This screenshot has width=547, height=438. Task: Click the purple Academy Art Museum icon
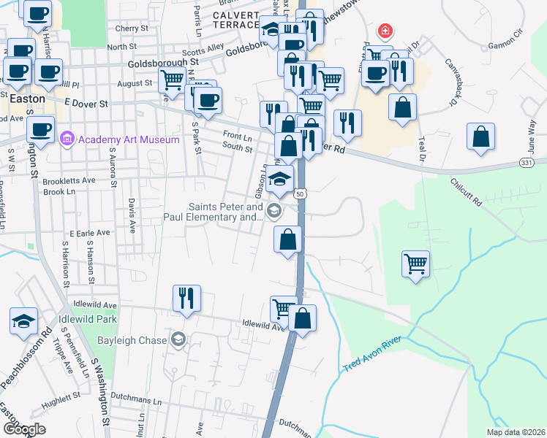[x=68, y=138]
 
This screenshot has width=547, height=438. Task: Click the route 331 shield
[x=527, y=161]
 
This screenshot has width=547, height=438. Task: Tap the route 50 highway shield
[x=300, y=194]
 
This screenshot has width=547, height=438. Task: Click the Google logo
[x=24, y=429]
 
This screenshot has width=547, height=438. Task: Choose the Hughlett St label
[x=61, y=399]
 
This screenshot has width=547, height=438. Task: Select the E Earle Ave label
[x=86, y=232]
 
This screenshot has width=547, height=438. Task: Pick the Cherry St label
[x=132, y=28]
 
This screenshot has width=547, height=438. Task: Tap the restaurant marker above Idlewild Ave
[x=186, y=298]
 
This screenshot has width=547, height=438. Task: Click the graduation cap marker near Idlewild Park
[x=23, y=320]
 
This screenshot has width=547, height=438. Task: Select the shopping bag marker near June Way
[x=482, y=136]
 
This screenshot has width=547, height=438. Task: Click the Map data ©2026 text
[x=516, y=432]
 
